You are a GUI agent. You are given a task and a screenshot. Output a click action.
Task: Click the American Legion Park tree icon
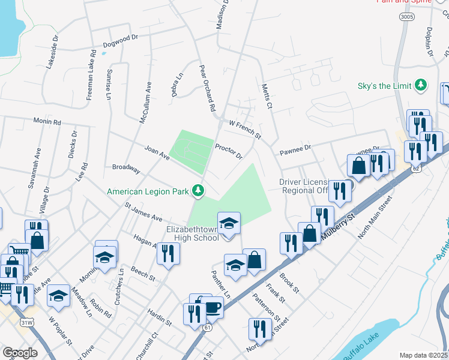coord(198,191)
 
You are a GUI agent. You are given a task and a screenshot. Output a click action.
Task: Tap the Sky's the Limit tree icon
coord(421,85)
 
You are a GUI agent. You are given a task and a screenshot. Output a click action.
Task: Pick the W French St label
coord(245,128)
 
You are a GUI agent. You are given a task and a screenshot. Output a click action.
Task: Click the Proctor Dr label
coord(229,151)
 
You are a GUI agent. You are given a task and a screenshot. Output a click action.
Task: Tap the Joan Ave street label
coord(157,154)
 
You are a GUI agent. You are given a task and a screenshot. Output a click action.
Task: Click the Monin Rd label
coord(47,122)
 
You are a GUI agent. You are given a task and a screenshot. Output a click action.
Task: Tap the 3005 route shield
coord(406,18)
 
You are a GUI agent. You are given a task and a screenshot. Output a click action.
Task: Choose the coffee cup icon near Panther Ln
coord(212,308)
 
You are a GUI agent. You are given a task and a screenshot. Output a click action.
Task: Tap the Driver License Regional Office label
coord(304,186)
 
